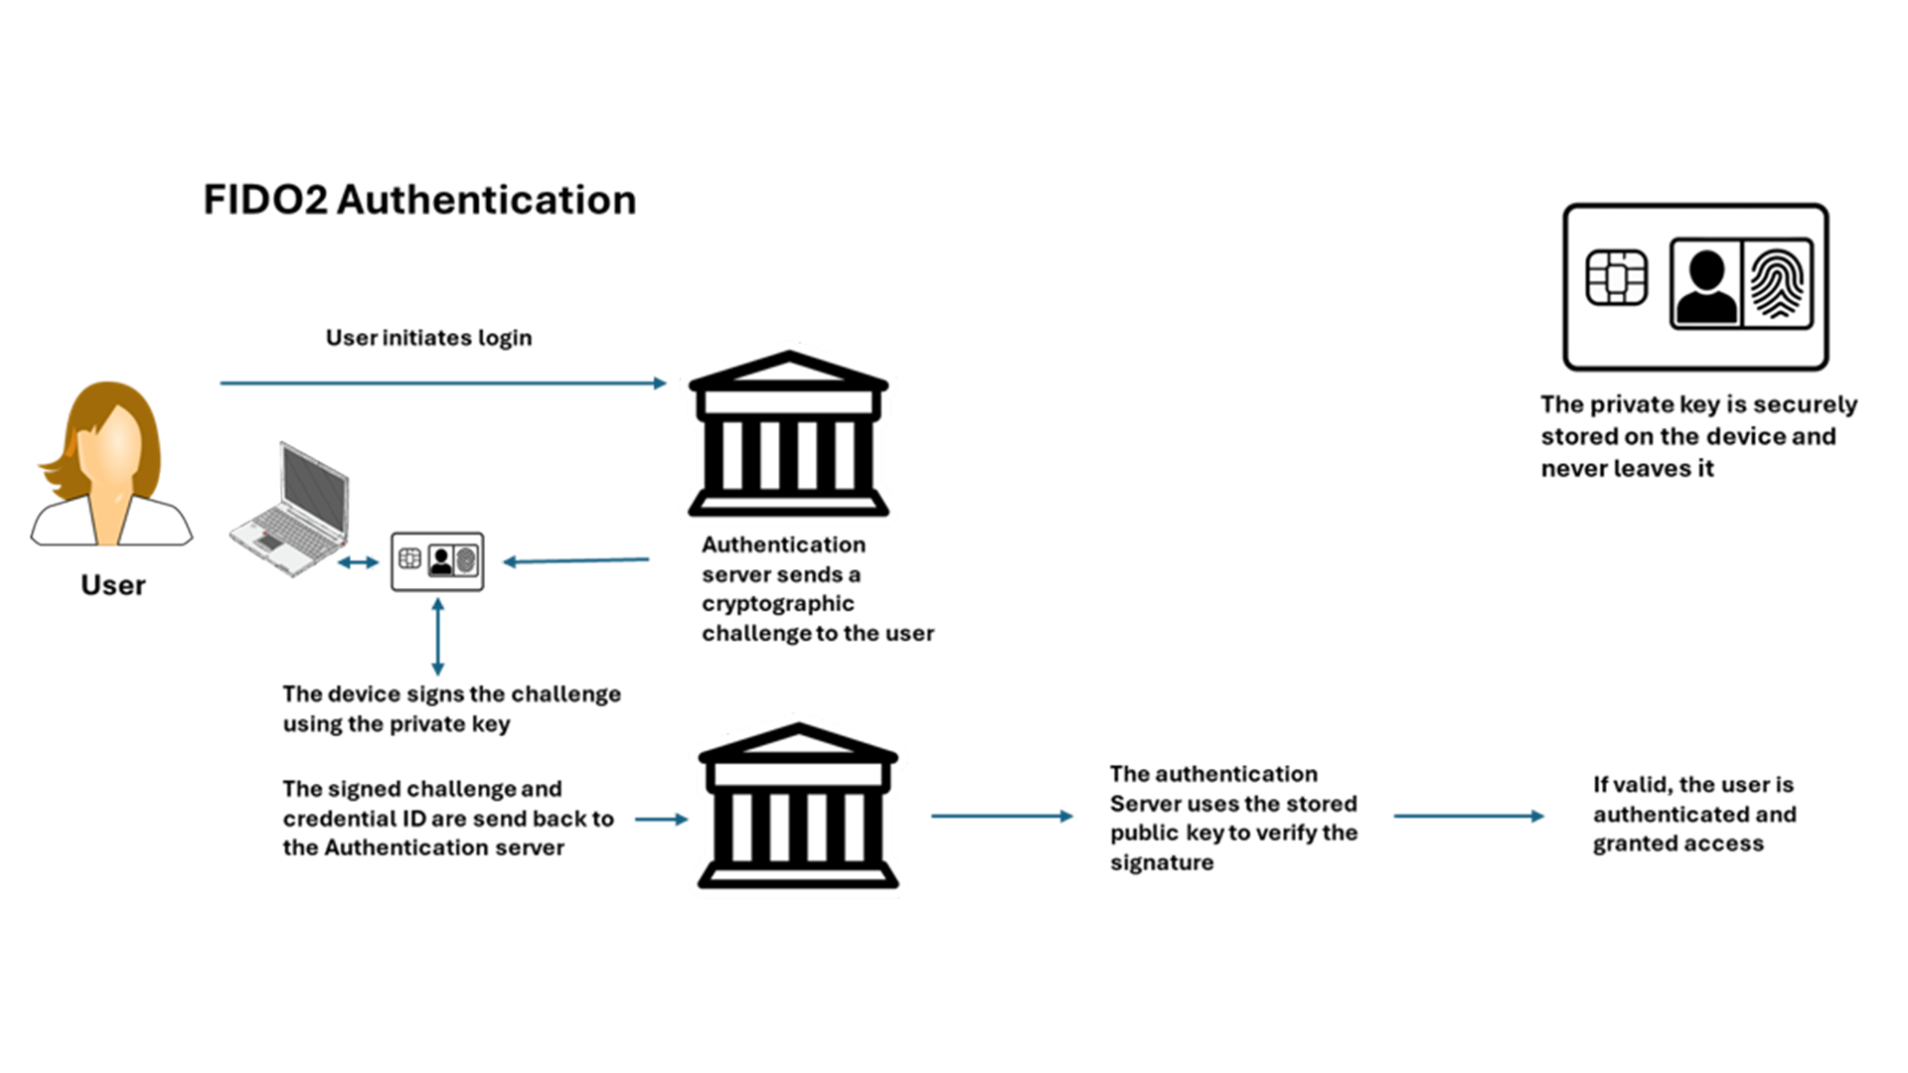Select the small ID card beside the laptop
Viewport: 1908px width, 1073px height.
point(437,561)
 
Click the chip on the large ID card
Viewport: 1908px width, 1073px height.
point(1617,278)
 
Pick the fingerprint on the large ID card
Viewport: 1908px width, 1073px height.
point(1779,284)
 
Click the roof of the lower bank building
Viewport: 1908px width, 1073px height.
point(798,745)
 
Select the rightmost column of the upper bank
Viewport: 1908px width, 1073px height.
point(846,454)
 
